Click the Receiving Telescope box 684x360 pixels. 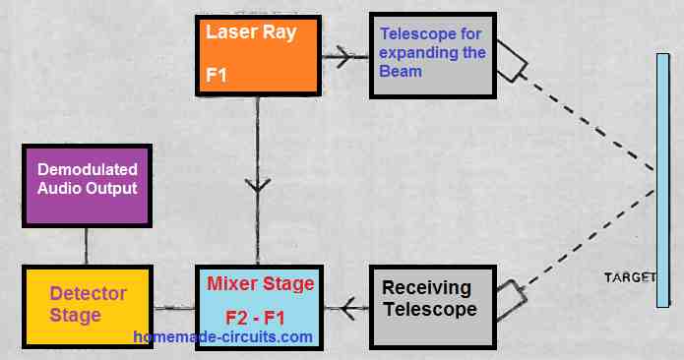(429, 304)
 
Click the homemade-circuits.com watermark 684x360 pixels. (223, 337)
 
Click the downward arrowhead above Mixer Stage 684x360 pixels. (258, 186)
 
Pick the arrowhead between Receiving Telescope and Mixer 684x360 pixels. (346, 307)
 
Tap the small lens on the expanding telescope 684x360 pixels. (512, 60)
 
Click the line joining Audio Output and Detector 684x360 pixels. (87, 247)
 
